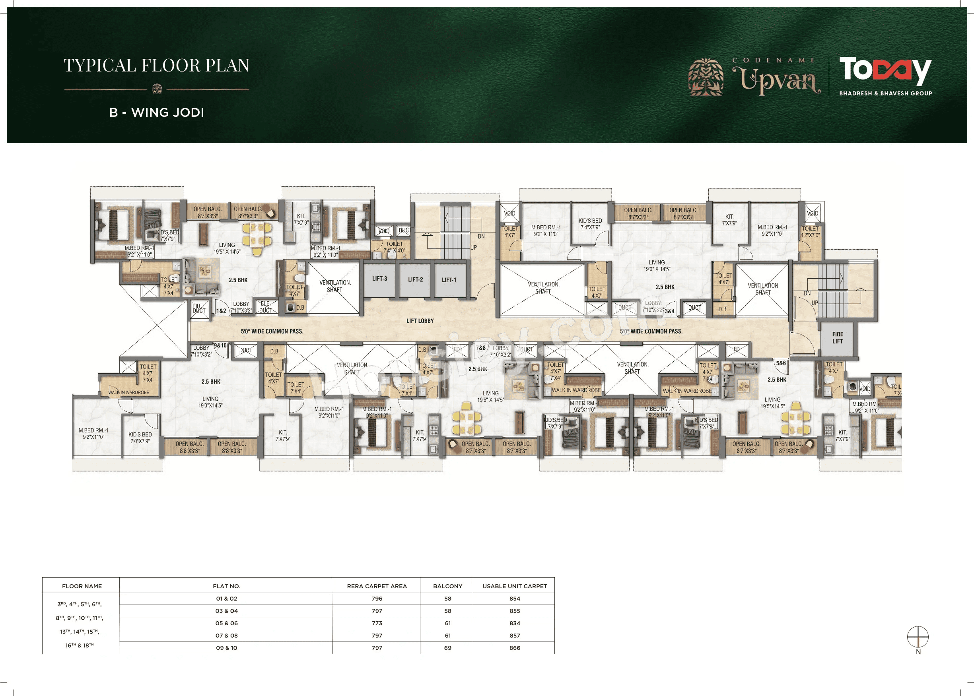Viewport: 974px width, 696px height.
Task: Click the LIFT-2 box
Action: click(x=415, y=280)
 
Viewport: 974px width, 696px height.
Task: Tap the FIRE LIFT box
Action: click(x=837, y=338)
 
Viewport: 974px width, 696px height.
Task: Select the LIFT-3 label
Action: click(x=379, y=279)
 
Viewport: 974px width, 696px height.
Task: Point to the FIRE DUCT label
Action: click(x=199, y=308)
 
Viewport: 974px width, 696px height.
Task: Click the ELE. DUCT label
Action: click(x=265, y=307)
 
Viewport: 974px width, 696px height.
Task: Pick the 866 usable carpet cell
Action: click(x=514, y=648)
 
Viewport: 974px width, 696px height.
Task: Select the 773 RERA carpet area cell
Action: click(x=377, y=623)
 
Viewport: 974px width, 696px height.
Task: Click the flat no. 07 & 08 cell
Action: click(x=226, y=636)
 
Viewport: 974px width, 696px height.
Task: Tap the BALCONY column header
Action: click(x=447, y=586)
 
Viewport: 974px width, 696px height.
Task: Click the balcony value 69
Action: click(x=447, y=648)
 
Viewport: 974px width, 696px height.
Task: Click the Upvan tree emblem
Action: click(x=706, y=77)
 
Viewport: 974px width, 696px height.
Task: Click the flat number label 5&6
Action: click(x=781, y=363)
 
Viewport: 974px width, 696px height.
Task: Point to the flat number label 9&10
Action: click(x=220, y=345)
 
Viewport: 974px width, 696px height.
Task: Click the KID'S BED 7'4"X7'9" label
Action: click(x=590, y=224)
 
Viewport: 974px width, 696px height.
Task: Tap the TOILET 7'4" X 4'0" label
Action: click(x=394, y=247)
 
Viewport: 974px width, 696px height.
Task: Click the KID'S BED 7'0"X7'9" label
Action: click(x=140, y=438)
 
